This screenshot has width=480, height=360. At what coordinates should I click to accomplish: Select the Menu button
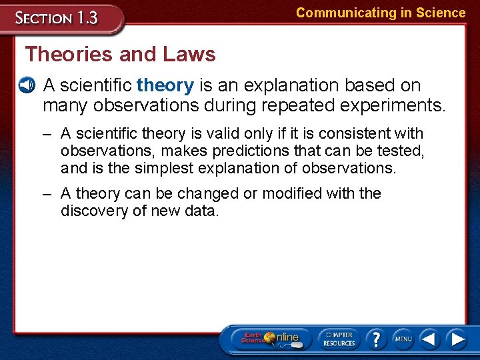point(403,339)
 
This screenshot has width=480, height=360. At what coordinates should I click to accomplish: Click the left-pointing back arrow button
point(430,339)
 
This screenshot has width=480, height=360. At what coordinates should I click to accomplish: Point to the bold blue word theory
point(165,85)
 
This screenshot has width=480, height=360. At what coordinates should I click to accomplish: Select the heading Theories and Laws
point(121,54)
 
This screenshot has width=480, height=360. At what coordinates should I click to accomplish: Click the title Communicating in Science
point(381,13)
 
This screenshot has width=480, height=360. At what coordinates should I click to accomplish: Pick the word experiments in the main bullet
point(397,105)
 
